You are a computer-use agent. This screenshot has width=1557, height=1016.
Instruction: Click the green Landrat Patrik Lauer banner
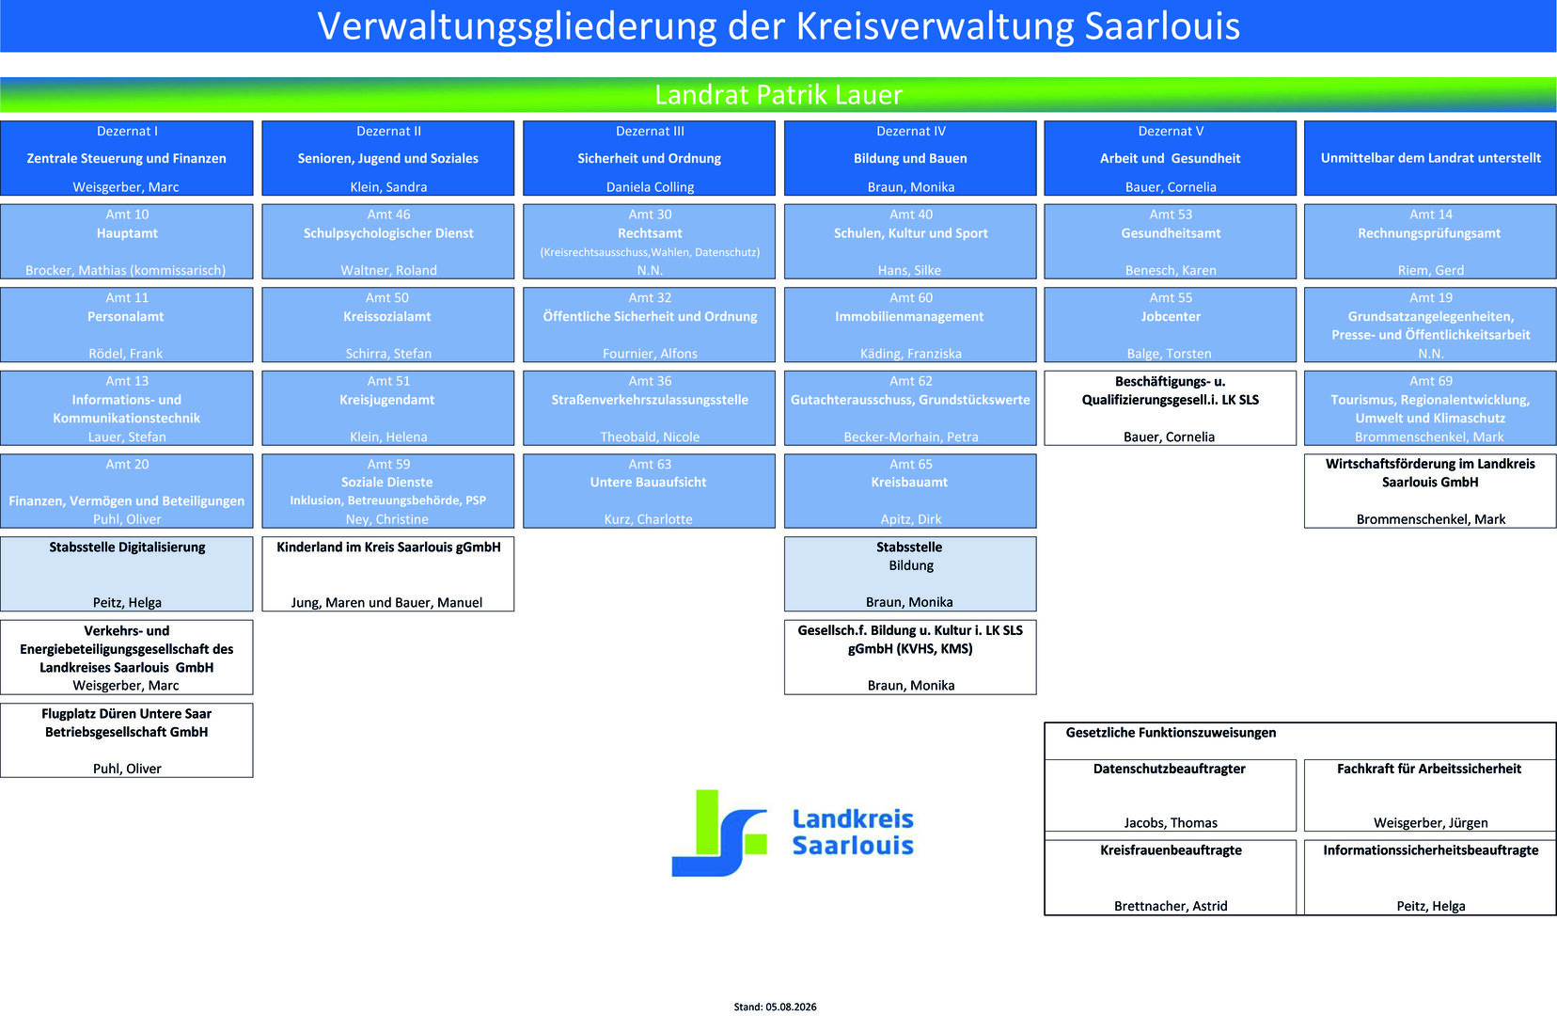pyautogui.click(x=778, y=95)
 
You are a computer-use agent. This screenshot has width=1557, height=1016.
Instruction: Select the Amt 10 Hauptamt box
pyautogui.click(x=127, y=242)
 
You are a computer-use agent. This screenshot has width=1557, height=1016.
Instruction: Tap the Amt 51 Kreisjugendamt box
pyautogui.click(x=388, y=408)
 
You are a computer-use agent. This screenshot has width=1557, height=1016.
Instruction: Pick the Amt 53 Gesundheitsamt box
pyautogui.click(x=1171, y=242)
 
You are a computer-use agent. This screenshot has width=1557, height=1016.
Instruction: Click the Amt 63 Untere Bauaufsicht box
pyautogui.click(x=649, y=491)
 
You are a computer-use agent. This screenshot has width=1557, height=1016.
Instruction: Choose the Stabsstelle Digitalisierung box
pyautogui.click(x=127, y=574)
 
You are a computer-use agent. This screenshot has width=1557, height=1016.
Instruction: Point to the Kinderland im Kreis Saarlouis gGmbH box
pyautogui.click(x=388, y=574)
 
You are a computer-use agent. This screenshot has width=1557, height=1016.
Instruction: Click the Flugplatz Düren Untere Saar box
pyautogui.click(x=127, y=740)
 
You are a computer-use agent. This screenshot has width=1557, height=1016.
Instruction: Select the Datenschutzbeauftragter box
pyautogui.click(x=1171, y=795)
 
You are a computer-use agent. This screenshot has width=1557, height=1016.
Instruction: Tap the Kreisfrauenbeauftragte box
pyautogui.click(x=1171, y=878)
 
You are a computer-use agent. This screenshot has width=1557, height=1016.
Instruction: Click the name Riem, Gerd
pyautogui.click(x=1430, y=271)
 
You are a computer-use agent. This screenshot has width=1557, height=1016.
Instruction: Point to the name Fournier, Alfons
pyautogui.click(x=650, y=354)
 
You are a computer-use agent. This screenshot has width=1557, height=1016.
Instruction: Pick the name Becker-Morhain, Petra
pyautogui.click(x=910, y=437)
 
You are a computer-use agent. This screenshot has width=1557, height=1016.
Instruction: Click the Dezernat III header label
pyautogui.click(x=650, y=132)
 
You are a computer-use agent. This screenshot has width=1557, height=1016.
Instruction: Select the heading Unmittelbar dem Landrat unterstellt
pyautogui.click(x=1430, y=159)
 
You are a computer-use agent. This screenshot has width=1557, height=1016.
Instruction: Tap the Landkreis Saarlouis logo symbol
pyautogui.click(x=719, y=833)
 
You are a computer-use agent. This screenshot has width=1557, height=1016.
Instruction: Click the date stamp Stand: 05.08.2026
pyautogui.click(x=775, y=1007)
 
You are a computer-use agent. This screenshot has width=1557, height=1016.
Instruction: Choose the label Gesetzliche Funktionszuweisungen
pyautogui.click(x=1171, y=733)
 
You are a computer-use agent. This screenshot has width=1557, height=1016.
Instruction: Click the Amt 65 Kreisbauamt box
pyautogui.click(x=910, y=491)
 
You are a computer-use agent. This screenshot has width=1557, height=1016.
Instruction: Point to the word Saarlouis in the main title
pyautogui.click(x=1162, y=26)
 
